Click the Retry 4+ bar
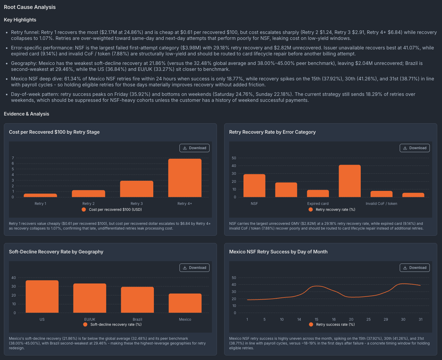click(185, 178)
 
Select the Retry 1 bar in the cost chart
click(40, 195)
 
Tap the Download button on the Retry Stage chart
click(194, 148)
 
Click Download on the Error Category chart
click(415, 148)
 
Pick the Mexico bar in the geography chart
click(185, 303)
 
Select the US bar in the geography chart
click(42, 297)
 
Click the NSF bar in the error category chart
click(254, 186)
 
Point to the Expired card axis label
click(318, 204)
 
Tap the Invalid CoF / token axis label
click(381, 204)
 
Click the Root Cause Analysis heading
click(30, 7)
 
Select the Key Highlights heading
click(20, 20)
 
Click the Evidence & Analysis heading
click(26, 114)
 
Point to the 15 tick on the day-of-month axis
click(316, 319)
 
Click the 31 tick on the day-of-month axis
click(420, 319)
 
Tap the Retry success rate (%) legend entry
click(332, 325)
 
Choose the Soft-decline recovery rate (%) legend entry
click(112, 325)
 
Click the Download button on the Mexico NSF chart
click(415, 268)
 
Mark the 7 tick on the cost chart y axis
click(13, 158)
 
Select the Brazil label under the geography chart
click(138, 319)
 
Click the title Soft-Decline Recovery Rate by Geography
click(56, 252)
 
